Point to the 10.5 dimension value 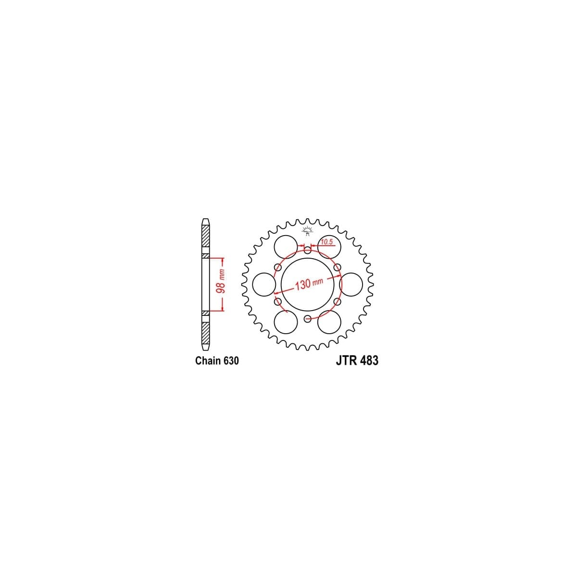[326, 242]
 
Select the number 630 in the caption [230, 361]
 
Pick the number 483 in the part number [368, 361]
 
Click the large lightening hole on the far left [263, 284]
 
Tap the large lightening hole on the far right [351, 284]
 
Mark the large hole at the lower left [286, 321]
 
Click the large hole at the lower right [329, 321]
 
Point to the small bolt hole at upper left [277, 267]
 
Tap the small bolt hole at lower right [337, 301]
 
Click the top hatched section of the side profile [206, 237]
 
